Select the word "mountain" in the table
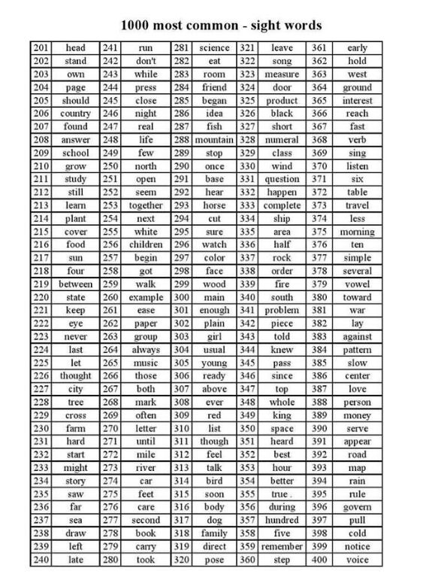point(214,140)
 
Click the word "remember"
point(282,546)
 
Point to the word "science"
point(214,48)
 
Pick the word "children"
point(145,244)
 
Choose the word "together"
point(145,205)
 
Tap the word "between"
point(75,284)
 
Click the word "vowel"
point(357,284)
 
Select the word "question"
point(282,179)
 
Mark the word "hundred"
point(282,520)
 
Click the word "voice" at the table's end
point(357,560)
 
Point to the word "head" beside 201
point(75,48)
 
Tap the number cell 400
point(319,560)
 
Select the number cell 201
point(41,48)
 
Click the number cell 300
point(181,297)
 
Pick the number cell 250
point(110,166)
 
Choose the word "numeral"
point(282,140)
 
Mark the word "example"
point(145,297)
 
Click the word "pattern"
point(357,350)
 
